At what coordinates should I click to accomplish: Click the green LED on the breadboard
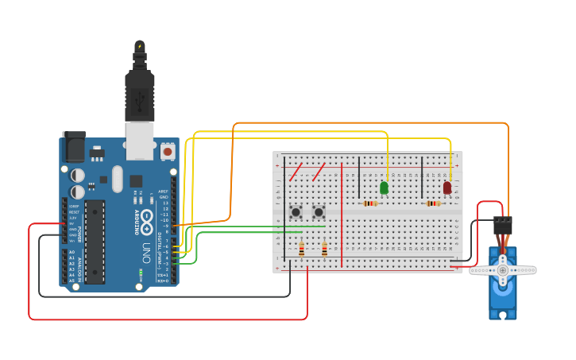coord(384,188)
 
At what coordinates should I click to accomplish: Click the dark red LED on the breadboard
coord(447,188)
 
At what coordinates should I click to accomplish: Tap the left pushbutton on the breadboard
coord(296,211)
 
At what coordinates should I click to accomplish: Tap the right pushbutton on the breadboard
coord(319,211)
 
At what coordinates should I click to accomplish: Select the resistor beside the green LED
coord(369,203)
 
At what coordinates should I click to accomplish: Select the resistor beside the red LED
coord(433,203)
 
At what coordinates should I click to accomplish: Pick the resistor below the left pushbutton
coord(301,250)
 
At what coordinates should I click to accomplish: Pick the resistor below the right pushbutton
coord(324,250)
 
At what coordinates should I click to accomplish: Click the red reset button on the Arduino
coord(168,150)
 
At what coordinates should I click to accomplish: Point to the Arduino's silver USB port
coord(140,137)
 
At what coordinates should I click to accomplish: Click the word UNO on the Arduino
coord(147,253)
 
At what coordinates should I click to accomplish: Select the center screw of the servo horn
coord(502,270)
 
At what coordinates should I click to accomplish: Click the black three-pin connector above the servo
coord(502,224)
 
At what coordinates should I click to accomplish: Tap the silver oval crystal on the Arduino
coord(118,179)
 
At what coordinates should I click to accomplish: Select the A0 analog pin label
coord(72,252)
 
